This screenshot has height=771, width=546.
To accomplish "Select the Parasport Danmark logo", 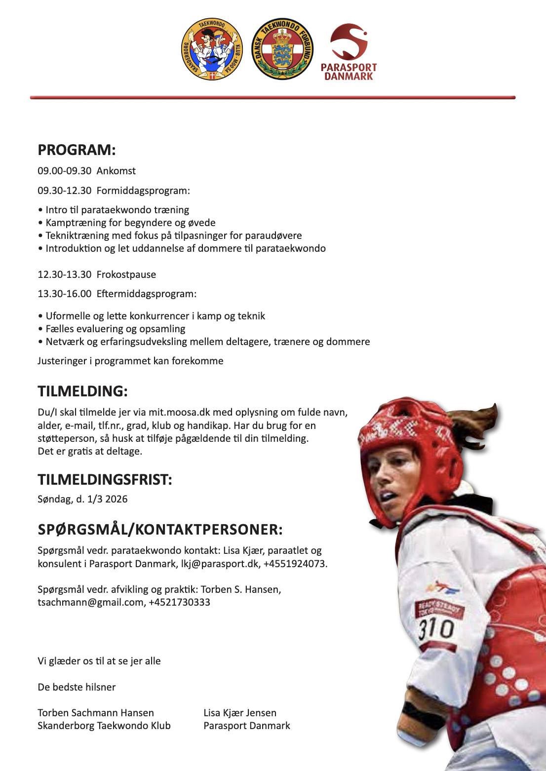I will point(349,52).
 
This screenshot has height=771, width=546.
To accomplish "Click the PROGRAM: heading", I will point(77,150).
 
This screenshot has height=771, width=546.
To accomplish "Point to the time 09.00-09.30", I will point(65,171).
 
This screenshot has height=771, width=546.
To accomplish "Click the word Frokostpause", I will point(126,274).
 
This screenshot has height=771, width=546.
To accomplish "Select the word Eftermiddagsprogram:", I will point(147,294).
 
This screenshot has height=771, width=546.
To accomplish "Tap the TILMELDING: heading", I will point(82,391).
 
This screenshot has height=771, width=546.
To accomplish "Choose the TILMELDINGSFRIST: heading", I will point(105,479).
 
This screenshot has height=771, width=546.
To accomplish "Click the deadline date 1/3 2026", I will point(108,499).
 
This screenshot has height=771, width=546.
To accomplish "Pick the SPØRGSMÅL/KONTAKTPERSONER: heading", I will point(160,530).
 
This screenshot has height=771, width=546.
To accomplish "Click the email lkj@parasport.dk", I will point(218,564).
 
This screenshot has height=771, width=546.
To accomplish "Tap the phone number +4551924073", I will point(296,564).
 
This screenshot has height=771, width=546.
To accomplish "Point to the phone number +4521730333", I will point(179,602).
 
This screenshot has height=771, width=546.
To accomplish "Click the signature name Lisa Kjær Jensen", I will point(240,713).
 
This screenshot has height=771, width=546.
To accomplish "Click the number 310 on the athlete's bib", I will point(436,629).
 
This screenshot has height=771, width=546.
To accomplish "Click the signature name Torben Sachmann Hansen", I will point(96,713).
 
